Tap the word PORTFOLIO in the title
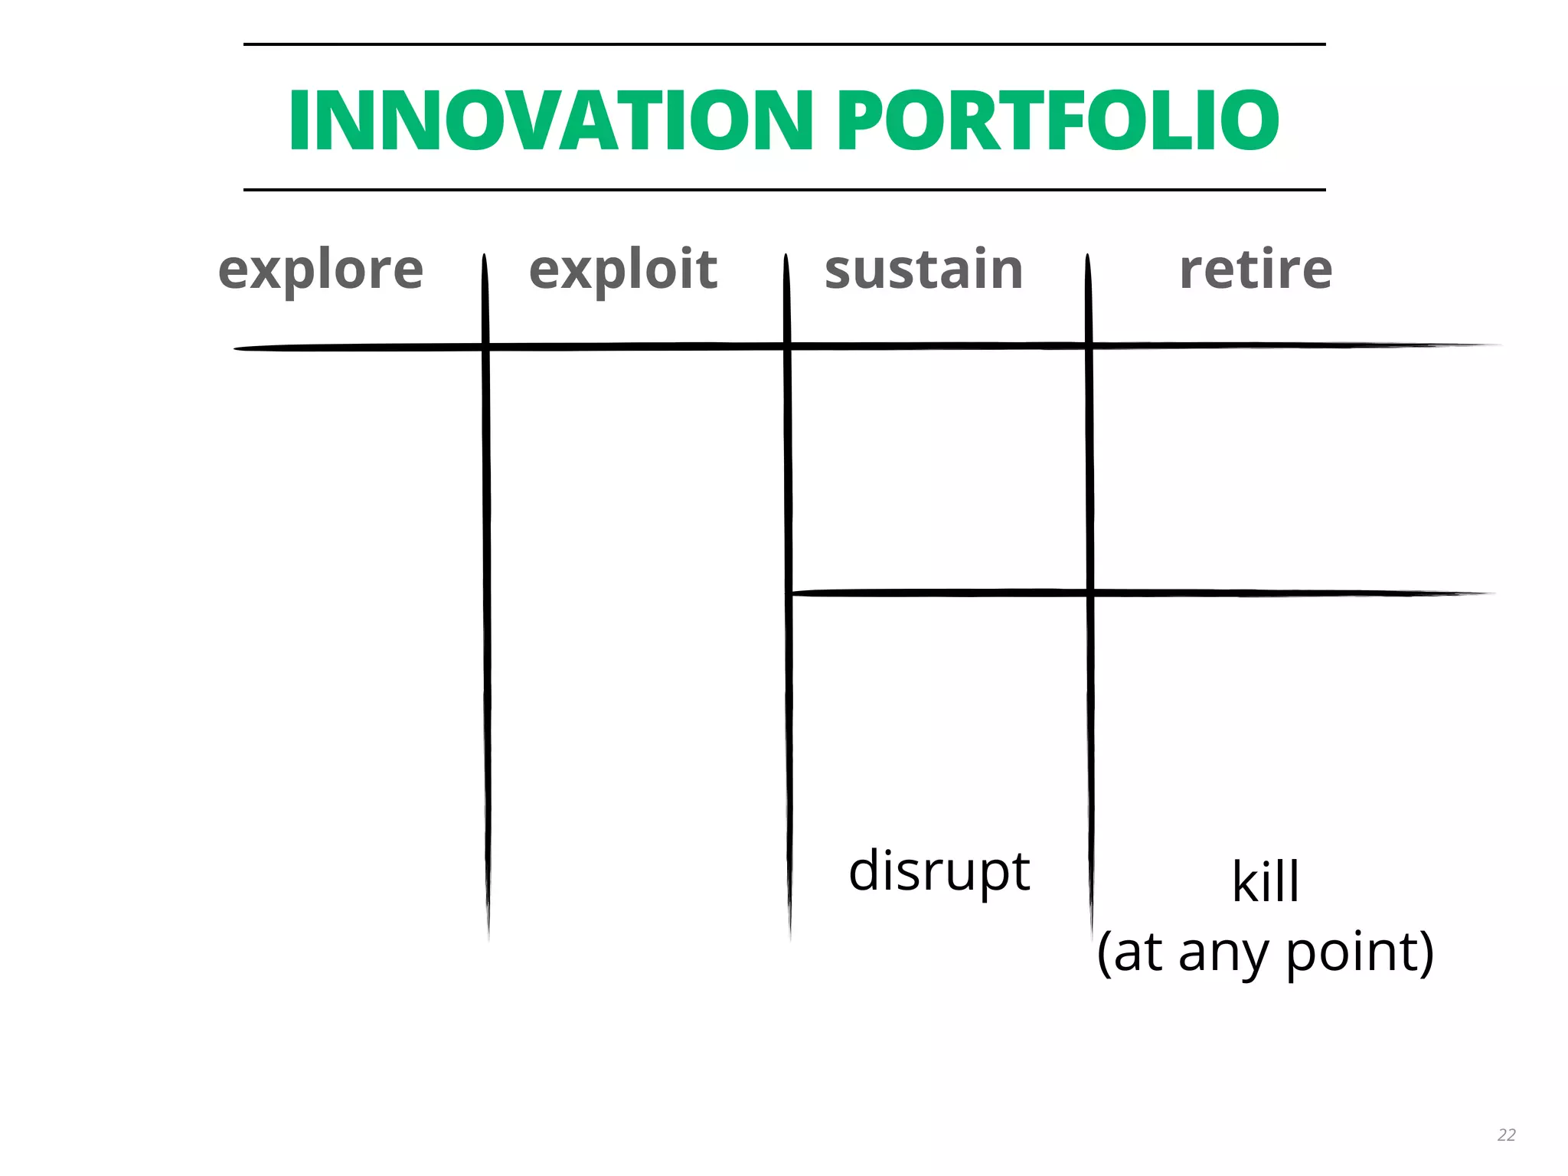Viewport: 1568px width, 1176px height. click(x=1057, y=121)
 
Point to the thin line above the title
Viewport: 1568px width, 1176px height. click(x=784, y=44)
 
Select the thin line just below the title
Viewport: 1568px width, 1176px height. click(x=784, y=189)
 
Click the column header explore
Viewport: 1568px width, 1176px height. click(x=321, y=270)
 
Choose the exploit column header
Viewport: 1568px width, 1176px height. click(x=623, y=270)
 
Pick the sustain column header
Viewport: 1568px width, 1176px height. click(x=924, y=270)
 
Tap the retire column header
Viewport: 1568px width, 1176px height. click(x=1256, y=270)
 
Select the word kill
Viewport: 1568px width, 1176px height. click(x=1266, y=882)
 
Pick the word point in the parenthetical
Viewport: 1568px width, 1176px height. click(x=1351, y=954)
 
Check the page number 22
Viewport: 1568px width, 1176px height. click(x=1506, y=1135)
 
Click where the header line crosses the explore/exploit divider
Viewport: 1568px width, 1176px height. click(x=485, y=347)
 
